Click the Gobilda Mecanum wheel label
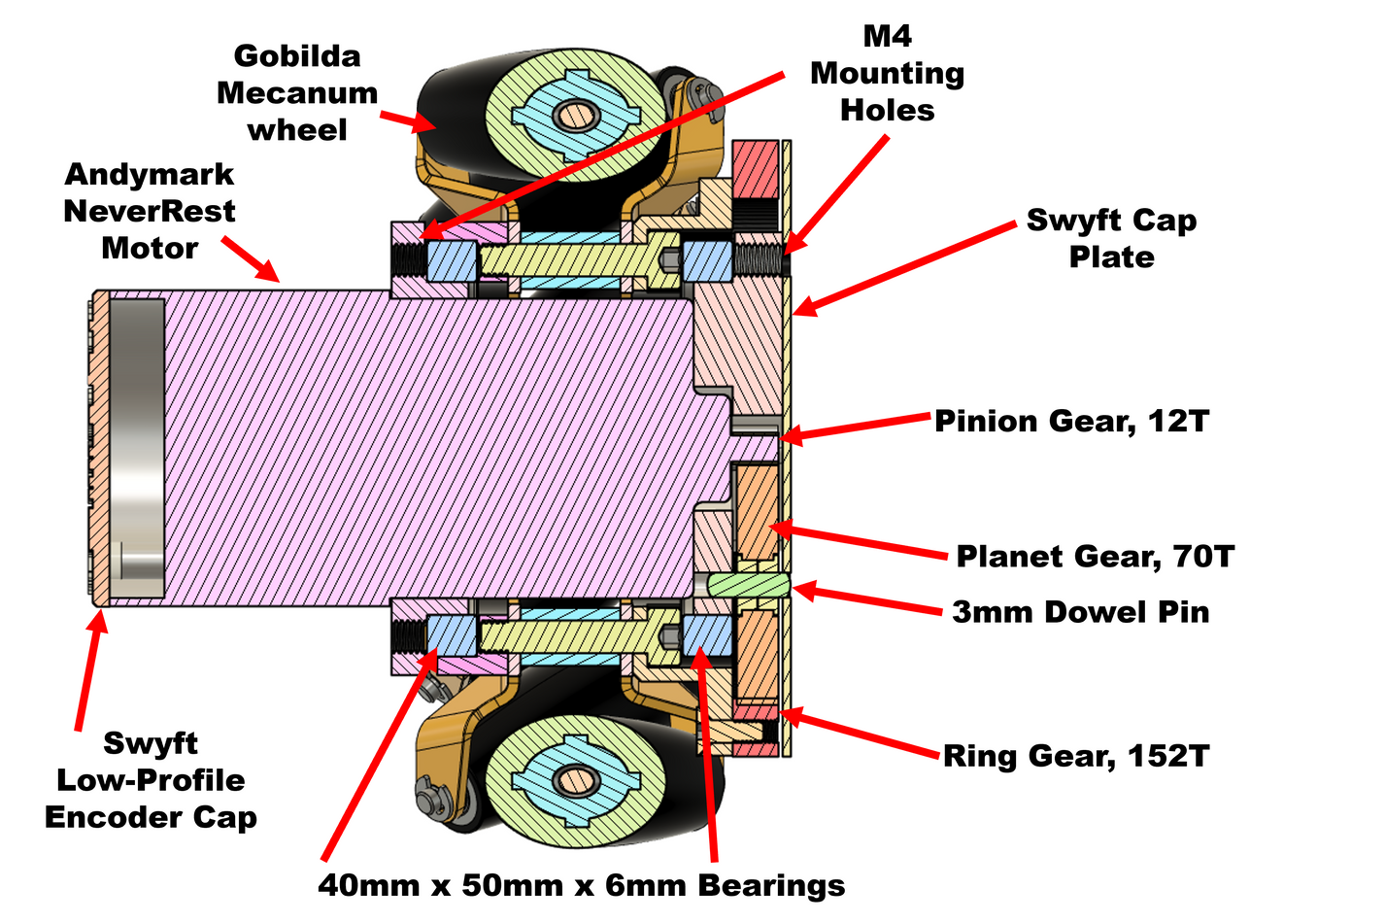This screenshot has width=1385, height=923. coord(297,93)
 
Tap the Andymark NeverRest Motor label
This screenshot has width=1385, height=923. coord(150,212)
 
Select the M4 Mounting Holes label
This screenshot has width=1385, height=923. coord(887,74)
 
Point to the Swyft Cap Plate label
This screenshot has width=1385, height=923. coord(1111,238)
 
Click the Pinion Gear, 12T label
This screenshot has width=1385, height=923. coord(1071,422)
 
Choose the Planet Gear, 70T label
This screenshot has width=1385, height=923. coord(1095,557)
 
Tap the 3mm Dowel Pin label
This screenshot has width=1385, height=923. coord(1080,612)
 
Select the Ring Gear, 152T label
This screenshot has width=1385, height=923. coord(1076,756)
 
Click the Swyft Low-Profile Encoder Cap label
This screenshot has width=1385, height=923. coord(151,780)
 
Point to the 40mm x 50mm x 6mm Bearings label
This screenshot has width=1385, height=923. coord(581,885)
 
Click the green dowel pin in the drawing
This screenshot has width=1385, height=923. coord(746,585)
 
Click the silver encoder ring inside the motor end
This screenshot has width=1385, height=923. coord(137,447)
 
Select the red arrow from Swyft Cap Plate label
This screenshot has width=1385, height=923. coord(903,268)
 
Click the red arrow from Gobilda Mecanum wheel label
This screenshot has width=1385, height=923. coord(408,120)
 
